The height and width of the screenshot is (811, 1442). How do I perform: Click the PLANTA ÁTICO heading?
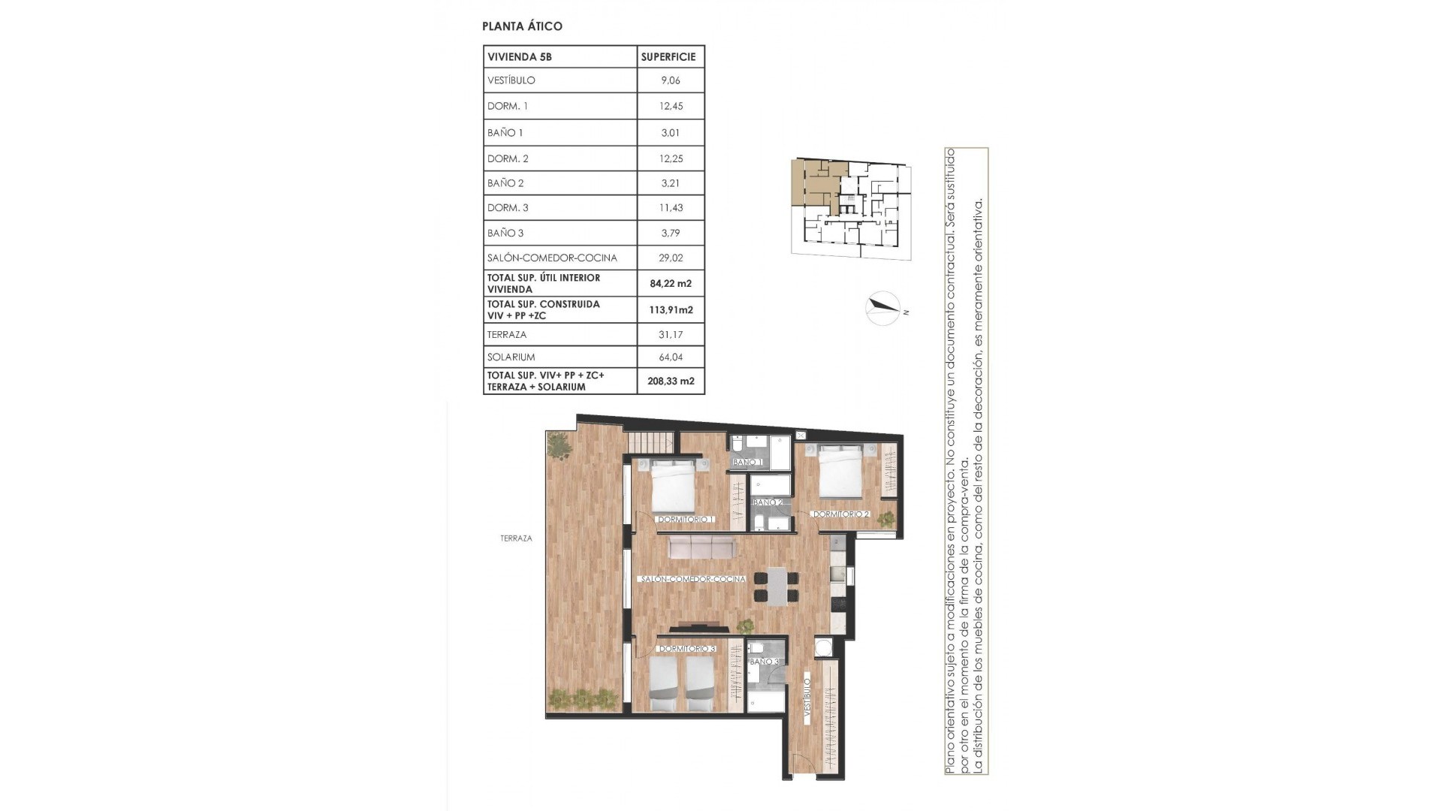click(x=522, y=26)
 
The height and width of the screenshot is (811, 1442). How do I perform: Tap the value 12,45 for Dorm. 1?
click(x=671, y=107)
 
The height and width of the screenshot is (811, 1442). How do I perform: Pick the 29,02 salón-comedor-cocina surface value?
click(x=671, y=258)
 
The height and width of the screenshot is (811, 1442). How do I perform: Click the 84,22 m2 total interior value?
click(x=670, y=284)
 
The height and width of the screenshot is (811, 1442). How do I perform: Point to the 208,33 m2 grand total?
click(x=671, y=381)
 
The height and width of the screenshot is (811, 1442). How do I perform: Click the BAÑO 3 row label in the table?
click(x=505, y=233)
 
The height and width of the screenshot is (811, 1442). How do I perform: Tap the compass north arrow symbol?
click(x=884, y=307)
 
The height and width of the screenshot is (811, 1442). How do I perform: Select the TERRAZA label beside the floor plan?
click(x=516, y=538)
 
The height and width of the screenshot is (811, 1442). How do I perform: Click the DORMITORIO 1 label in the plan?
click(x=685, y=519)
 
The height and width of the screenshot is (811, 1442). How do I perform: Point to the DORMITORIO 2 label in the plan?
click(x=840, y=514)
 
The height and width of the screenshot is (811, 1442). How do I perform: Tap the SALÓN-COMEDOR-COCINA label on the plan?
click(x=692, y=580)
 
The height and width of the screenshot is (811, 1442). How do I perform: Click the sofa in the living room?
click(x=698, y=547)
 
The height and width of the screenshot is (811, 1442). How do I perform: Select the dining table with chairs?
click(x=777, y=587)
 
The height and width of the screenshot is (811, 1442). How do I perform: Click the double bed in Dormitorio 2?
click(x=840, y=471)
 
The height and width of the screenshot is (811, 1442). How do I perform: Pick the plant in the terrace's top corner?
click(x=559, y=447)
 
